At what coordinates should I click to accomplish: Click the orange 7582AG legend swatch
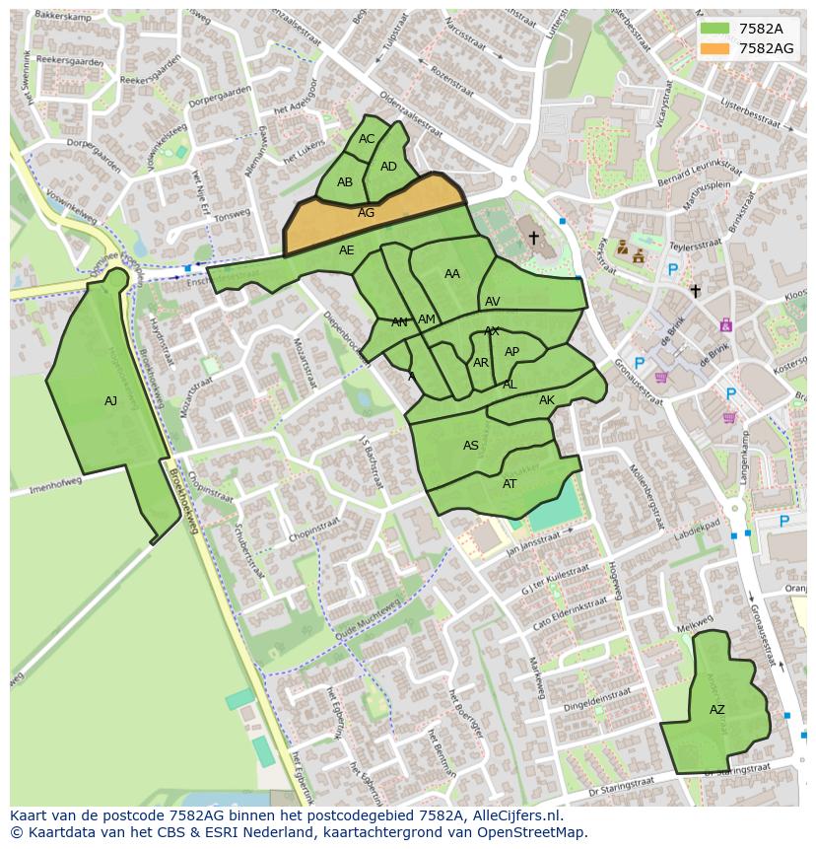[715, 48]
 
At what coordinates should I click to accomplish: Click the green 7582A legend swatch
[715, 29]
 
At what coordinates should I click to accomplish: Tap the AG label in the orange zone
[366, 213]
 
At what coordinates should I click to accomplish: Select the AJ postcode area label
[110, 401]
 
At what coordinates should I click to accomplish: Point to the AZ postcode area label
[716, 710]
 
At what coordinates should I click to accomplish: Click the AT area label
[510, 484]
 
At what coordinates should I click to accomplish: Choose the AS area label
[471, 446]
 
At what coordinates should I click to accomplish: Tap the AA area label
[452, 274]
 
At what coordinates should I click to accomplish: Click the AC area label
[367, 139]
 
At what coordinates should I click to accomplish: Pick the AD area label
[388, 167]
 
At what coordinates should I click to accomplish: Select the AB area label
[345, 182]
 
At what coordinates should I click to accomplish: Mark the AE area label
[346, 250]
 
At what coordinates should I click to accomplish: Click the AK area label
[547, 400]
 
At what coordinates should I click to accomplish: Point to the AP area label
[511, 352]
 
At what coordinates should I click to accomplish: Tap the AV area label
[493, 302]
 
